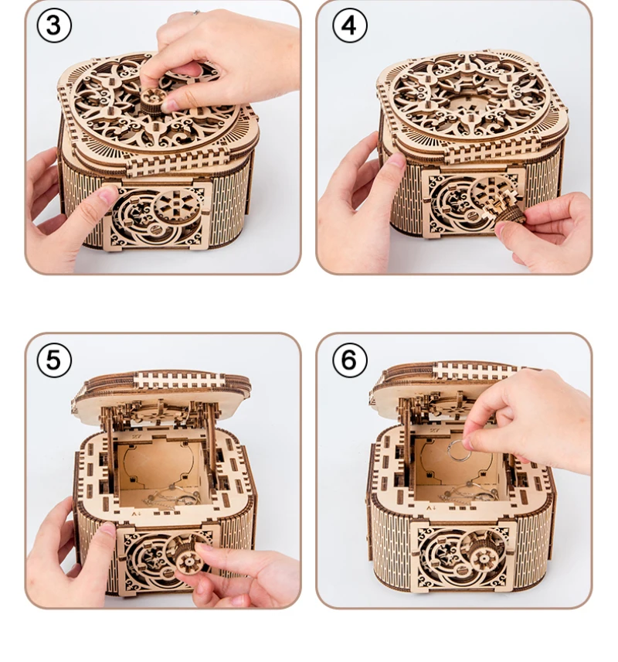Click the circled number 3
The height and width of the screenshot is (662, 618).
point(54,25)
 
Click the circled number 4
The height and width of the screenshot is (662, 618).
point(350,26)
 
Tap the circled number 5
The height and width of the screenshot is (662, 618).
point(54,360)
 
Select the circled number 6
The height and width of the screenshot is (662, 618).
point(350,360)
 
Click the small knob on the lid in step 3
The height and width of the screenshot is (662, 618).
point(153,99)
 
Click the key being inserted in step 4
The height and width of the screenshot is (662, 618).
point(504,207)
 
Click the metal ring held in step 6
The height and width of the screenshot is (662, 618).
point(458,451)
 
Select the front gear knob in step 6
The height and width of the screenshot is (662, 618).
point(483,559)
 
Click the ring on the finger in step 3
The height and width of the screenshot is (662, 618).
point(195,12)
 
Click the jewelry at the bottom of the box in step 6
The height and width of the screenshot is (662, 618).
point(464,495)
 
